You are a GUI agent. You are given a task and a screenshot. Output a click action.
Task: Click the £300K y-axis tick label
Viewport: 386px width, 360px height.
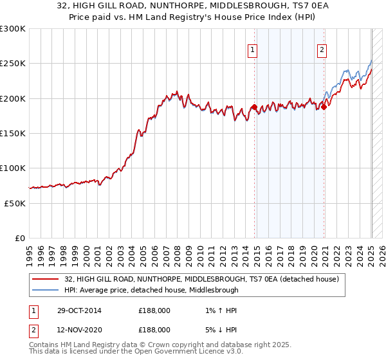coord(13,29)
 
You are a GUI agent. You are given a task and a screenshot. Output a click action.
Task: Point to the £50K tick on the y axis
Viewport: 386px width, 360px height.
coord(15,203)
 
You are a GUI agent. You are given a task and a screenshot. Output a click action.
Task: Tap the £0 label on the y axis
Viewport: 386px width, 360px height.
coord(20,238)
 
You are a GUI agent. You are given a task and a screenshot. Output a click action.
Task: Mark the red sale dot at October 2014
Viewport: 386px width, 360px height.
coord(254,107)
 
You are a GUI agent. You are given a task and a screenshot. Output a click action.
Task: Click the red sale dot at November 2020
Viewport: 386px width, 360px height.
coord(324,107)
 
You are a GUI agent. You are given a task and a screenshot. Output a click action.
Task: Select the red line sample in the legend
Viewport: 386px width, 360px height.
coord(46,279)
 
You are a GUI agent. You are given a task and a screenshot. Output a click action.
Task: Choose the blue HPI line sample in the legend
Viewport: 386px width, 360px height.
coord(46,290)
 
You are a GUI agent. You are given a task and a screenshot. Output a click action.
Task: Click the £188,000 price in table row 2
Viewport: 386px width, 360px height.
coord(154,329)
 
